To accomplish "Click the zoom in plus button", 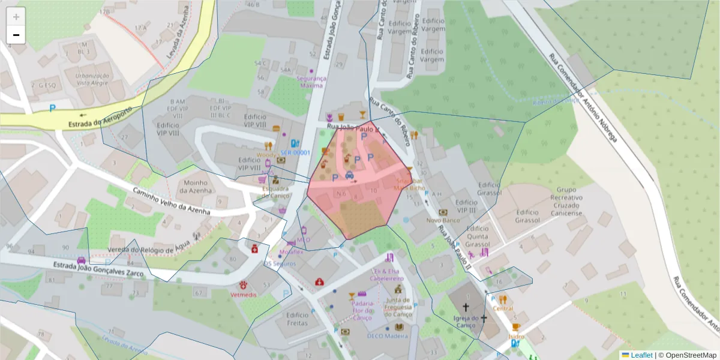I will tap(16, 17).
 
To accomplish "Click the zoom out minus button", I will tap(16, 35).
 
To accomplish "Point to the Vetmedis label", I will tap(243, 295).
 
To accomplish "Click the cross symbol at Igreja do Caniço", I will tap(466, 307).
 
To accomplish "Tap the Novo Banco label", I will tap(443, 220).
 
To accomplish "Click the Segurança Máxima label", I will tap(311, 82).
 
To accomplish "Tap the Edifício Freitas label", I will tap(298, 319).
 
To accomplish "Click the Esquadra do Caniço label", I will tap(276, 192).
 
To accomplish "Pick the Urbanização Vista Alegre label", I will tap(92, 80).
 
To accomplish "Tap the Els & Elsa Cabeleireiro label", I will tap(386, 275).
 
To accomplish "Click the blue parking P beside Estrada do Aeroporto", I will tap(53, 109).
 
